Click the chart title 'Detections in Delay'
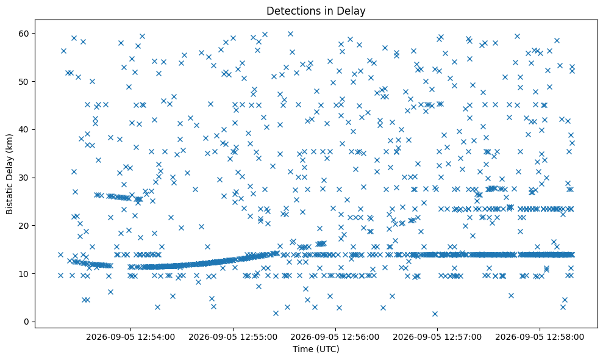pyautogui.click(x=316, y=11)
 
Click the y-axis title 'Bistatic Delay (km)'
pyautogui.click(x=10, y=174)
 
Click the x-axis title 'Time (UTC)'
pyautogui.click(x=316, y=349)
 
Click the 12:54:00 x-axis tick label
pyautogui.click(x=130, y=337)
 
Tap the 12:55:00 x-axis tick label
pyautogui.click(x=233, y=337)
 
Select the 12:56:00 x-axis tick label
pyautogui.click(x=335, y=337)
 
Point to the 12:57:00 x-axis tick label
pyautogui.click(x=437, y=337)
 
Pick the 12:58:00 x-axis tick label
pyautogui.click(x=540, y=337)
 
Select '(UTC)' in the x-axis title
pyautogui.click(x=328, y=349)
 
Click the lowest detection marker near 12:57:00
pyautogui.click(x=435, y=314)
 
